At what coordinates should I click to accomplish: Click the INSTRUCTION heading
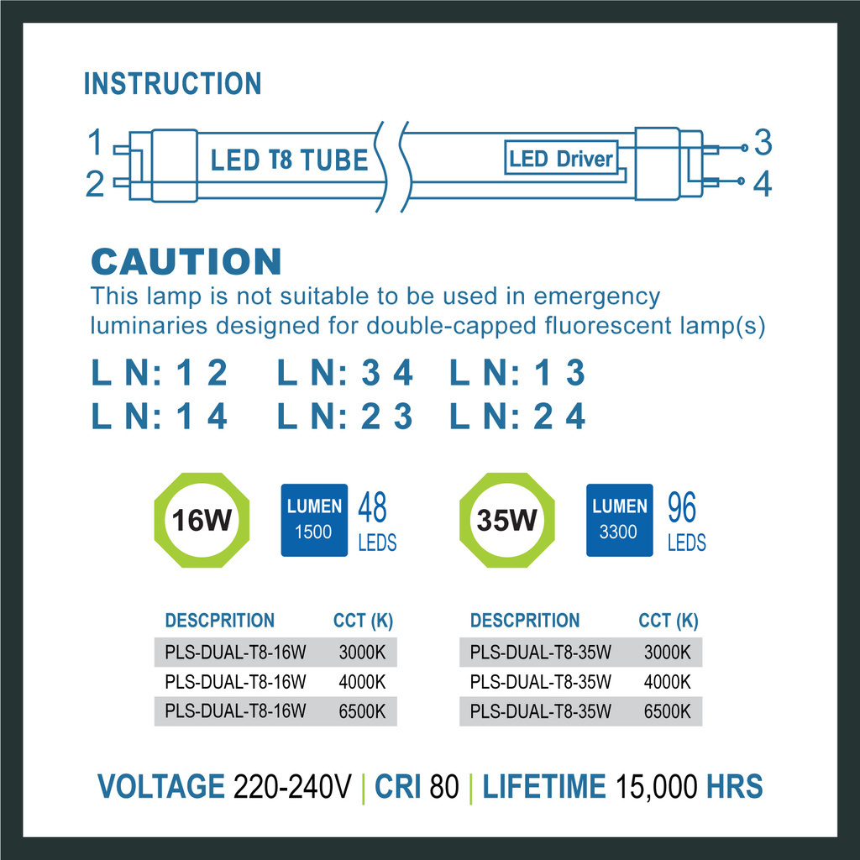pos(172,84)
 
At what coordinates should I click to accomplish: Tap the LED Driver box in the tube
pos(561,158)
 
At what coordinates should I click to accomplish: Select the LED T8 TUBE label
pos(289,159)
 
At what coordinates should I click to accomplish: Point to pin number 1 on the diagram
pos(96,143)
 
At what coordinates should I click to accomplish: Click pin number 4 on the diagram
pos(762,185)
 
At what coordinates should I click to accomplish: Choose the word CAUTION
pos(186,262)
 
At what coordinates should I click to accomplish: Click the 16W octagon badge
pos(202,521)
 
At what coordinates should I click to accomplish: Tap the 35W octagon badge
pos(507,521)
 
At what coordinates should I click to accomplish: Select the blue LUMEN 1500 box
pos(314,520)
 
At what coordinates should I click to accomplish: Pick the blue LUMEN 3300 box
pos(619,520)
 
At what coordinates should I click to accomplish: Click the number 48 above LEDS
pos(372,508)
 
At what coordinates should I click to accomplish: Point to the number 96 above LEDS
pos(682,508)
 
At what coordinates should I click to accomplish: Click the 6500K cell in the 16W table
pos(362,711)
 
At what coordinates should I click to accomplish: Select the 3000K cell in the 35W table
pos(667,652)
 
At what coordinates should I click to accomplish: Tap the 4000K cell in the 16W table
pos(362,681)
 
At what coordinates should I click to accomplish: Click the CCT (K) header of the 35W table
pos(668,621)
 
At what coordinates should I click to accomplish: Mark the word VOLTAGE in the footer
pos(160,787)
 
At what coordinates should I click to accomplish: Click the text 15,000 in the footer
pos(656,787)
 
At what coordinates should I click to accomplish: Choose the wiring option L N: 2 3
pos(345,417)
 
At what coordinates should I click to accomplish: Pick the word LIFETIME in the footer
pos(543,787)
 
